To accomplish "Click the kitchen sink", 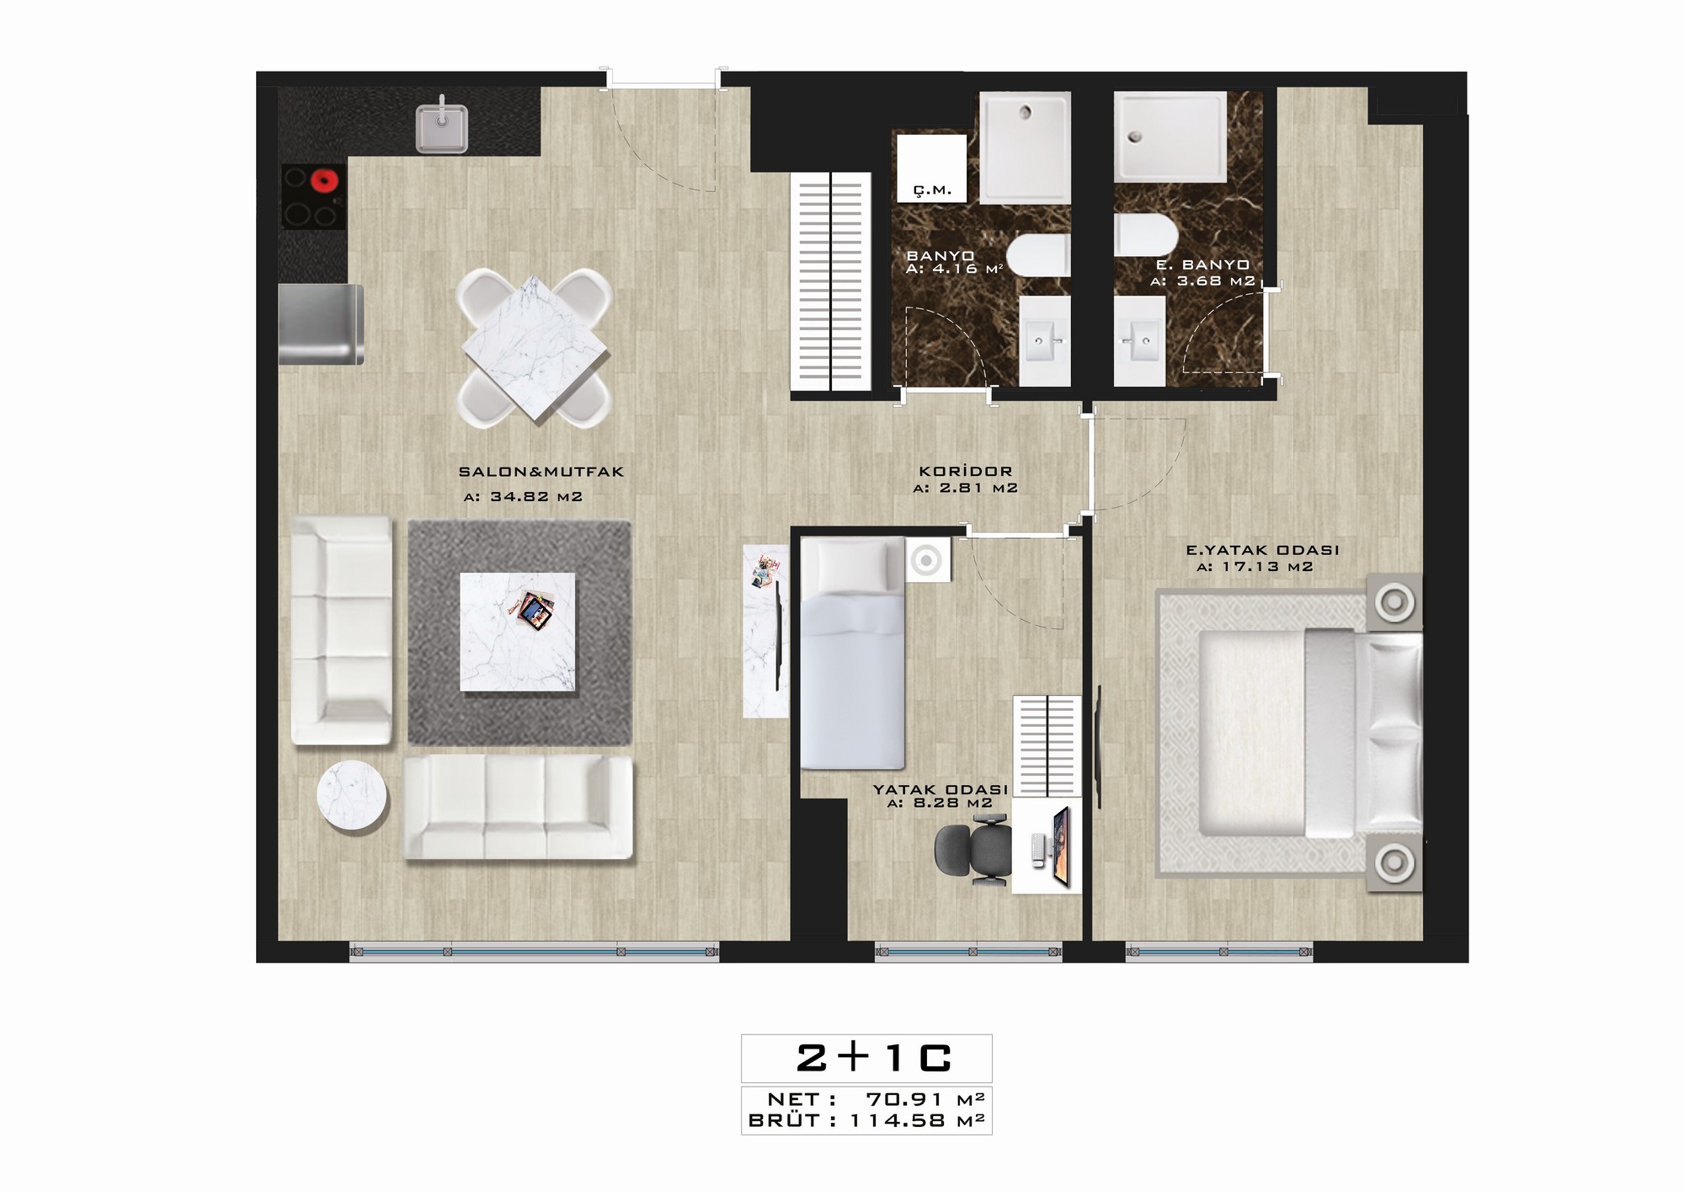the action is (442, 129).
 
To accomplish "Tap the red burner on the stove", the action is (323, 180).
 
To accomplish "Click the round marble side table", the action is (352, 796).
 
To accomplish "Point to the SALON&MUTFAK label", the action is (541, 472).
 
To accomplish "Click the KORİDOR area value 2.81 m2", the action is (966, 488).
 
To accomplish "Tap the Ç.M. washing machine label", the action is (933, 190).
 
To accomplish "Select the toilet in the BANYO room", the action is (1038, 255).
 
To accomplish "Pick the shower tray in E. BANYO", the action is (1170, 137).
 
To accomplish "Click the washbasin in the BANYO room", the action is (1045, 341).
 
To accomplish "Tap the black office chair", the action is (973, 854).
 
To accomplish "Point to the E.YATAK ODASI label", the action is (1262, 550).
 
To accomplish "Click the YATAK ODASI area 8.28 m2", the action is (940, 804).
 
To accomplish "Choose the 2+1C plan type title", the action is (873, 1059).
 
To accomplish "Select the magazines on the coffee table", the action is (532, 608).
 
